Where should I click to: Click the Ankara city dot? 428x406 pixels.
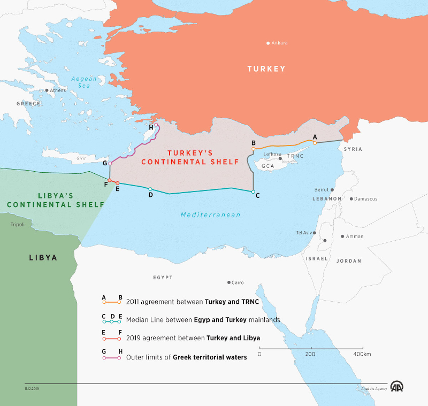click(x=269, y=43)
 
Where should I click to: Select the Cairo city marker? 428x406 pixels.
click(x=229, y=282)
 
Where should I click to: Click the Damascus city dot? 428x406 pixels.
click(x=351, y=199)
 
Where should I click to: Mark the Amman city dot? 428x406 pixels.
click(x=342, y=236)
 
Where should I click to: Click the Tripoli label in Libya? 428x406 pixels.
click(x=18, y=225)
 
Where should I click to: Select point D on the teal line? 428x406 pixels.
click(x=150, y=189)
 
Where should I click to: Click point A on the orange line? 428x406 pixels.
click(x=315, y=142)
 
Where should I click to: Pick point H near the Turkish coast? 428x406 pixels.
click(x=156, y=126)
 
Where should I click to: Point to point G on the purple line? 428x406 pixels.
click(x=110, y=163)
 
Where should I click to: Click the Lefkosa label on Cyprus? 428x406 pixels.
click(x=272, y=154)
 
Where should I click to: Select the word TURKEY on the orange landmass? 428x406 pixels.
click(x=266, y=68)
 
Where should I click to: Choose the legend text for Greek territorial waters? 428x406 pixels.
click(x=186, y=357)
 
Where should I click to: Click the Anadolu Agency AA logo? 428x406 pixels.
click(x=396, y=386)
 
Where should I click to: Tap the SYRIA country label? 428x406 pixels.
click(x=353, y=149)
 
